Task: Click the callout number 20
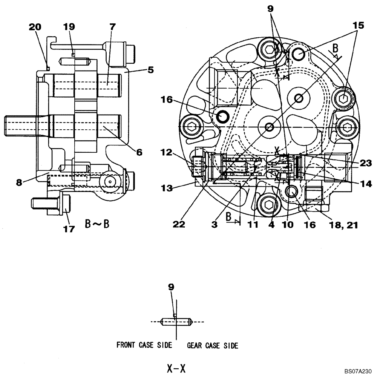pos(36,27)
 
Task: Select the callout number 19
pos(69,27)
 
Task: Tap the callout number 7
pos(112,27)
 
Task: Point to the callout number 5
pos(150,70)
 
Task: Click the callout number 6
pos(139,152)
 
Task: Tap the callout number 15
pos(358,26)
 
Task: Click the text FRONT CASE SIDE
pos(144,345)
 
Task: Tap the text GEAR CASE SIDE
pos(213,345)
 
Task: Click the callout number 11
pos(253,224)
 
